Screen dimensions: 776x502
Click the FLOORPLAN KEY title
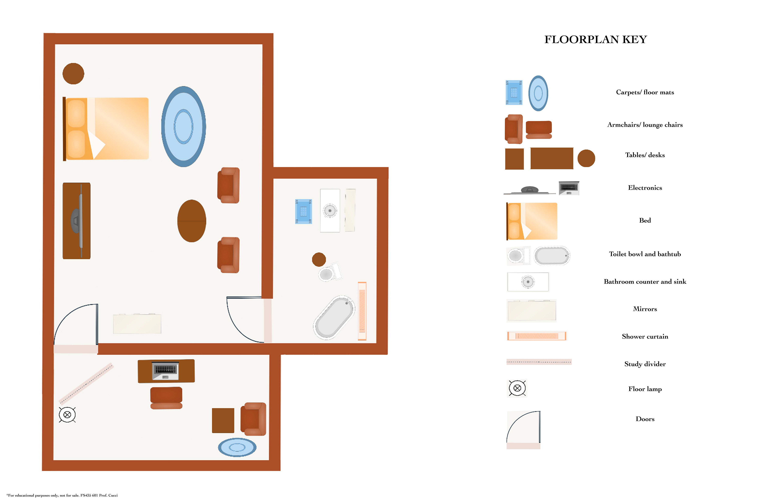pyautogui.click(x=595, y=39)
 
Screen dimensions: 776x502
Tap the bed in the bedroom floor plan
pyautogui.click(x=106, y=129)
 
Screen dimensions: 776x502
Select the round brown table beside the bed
pyautogui.click(x=73, y=74)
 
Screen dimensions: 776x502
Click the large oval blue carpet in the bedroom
pyautogui.click(x=183, y=126)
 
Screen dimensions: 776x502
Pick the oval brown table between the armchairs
pyautogui.click(x=192, y=221)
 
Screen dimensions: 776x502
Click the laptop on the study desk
pyautogui.click(x=166, y=371)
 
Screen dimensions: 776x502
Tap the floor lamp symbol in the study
pyautogui.click(x=67, y=415)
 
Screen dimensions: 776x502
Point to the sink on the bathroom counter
pyautogui.click(x=330, y=210)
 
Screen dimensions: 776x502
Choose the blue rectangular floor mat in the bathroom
pyautogui.click(x=304, y=211)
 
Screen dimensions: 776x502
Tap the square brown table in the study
pyautogui.click(x=223, y=421)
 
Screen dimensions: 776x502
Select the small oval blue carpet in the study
pyautogui.click(x=237, y=447)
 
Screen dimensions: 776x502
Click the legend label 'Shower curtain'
pyautogui.click(x=645, y=336)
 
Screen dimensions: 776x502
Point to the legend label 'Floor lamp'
pyautogui.click(x=645, y=389)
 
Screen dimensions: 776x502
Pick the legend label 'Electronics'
pyautogui.click(x=645, y=188)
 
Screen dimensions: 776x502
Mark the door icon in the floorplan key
pyautogui.click(x=523, y=430)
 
